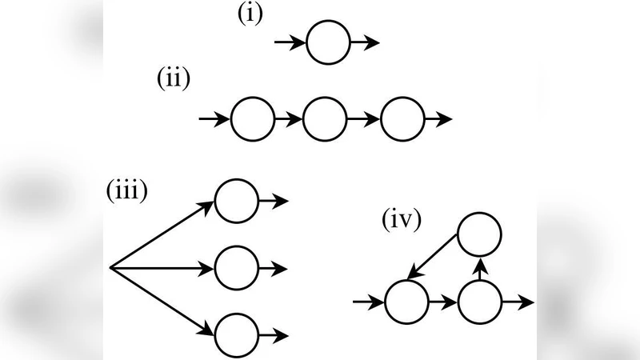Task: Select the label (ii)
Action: tap(173, 82)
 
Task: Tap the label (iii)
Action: tap(126, 193)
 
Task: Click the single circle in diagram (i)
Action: tap(329, 42)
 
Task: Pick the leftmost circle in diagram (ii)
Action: tap(252, 120)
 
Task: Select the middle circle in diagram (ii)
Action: tap(326, 120)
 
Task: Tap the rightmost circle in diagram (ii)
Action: tap(402, 120)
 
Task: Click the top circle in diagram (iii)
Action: tap(237, 200)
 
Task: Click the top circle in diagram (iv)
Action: tap(479, 234)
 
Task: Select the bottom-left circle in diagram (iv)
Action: tap(406, 303)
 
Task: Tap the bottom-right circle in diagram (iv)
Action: tap(480, 303)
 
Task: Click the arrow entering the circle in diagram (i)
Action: tap(290, 42)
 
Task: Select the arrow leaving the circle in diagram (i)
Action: tap(365, 42)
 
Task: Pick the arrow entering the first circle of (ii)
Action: tap(214, 120)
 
